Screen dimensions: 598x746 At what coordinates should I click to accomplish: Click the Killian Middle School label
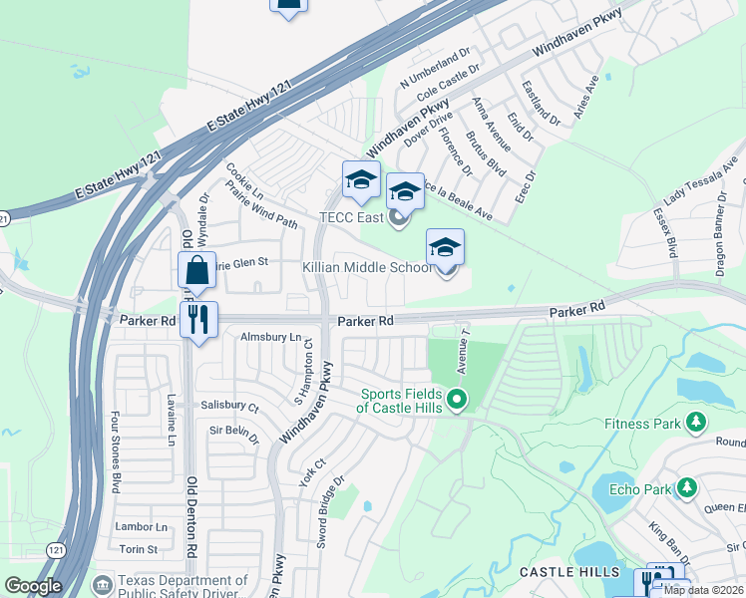[x=367, y=267]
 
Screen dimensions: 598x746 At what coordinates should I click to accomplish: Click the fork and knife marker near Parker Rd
[x=199, y=321]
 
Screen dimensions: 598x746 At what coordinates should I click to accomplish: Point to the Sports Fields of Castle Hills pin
[x=457, y=401]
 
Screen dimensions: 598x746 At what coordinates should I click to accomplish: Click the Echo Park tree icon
[x=686, y=487]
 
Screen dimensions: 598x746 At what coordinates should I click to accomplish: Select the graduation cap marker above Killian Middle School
[x=445, y=248]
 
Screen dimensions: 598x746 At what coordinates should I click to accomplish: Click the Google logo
[x=33, y=586]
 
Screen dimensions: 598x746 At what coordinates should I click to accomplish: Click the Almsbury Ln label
[x=269, y=337]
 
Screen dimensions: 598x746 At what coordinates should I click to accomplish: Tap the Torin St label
[x=139, y=549]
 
